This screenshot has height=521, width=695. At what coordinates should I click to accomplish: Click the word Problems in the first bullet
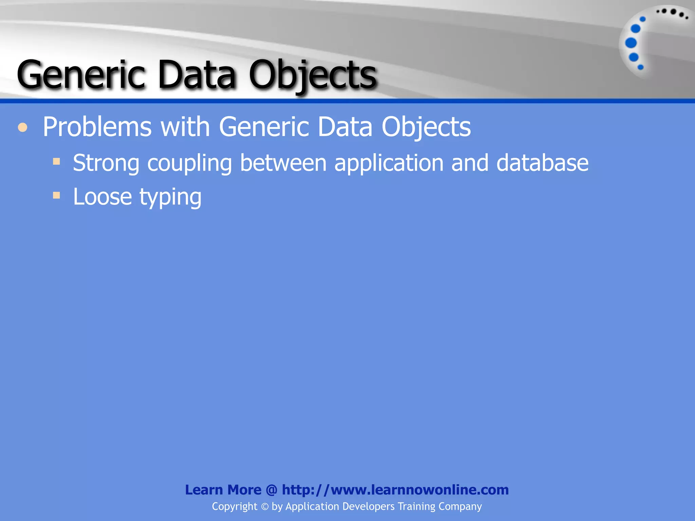tap(97, 127)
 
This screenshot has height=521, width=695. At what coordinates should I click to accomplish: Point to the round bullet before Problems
tap(23, 128)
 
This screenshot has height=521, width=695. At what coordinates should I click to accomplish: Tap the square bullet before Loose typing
tap(56, 195)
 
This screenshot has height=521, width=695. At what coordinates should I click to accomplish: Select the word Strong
tap(106, 163)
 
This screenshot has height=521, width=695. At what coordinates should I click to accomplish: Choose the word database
tap(542, 163)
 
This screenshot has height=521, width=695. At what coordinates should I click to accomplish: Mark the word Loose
tap(102, 197)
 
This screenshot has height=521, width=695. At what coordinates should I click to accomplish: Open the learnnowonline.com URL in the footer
tap(395, 490)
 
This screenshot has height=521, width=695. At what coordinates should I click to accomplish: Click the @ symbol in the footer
tap(271, 490)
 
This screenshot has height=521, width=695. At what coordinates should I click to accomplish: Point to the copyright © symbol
tap(265, 507)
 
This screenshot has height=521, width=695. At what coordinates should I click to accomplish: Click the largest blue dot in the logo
tap(631, 43)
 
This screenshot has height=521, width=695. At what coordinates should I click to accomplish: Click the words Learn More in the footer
tap(223, 490)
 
